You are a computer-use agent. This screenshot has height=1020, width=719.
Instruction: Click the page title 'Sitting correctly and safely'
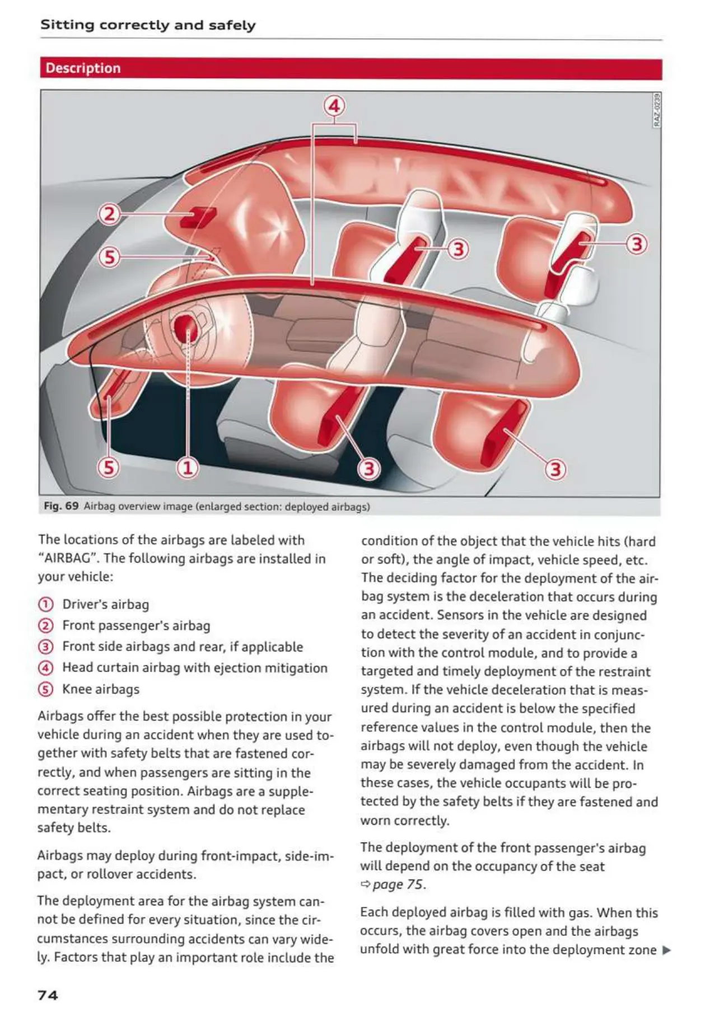[x=148, y=25]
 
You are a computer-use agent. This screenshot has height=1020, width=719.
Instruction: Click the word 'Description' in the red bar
[x=83, y=68]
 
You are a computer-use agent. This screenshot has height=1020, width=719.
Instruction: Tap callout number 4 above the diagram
[x=334, y=106]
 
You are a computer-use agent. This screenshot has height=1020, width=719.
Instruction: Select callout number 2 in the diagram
[x=109, y=214]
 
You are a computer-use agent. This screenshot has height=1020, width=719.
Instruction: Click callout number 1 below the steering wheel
[x=188, y=467]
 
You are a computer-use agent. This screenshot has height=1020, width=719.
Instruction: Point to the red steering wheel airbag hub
[x=186, y=328]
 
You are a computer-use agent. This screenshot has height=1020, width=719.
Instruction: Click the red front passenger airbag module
[x=198, y=217]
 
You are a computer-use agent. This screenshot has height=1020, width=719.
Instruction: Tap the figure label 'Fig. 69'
[x=61, y=506]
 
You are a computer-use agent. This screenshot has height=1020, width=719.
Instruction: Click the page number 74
[x=48, y=995]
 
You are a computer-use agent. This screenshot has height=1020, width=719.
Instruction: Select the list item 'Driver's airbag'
[x=105, y=605]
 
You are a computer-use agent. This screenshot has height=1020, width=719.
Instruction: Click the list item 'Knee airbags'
[x=101, y=689]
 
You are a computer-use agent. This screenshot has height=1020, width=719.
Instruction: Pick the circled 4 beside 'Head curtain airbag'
[x=45, y=668]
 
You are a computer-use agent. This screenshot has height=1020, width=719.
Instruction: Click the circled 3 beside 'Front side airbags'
[x=45, y=647]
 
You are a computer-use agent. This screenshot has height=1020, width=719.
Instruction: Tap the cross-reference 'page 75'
[x=398, y=885]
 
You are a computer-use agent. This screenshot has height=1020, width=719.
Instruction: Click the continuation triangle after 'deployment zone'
[x=666, y=950]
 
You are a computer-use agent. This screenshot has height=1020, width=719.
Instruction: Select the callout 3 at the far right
[x=637, y=244]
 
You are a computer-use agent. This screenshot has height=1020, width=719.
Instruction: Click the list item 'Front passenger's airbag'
[x=136, y=626]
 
